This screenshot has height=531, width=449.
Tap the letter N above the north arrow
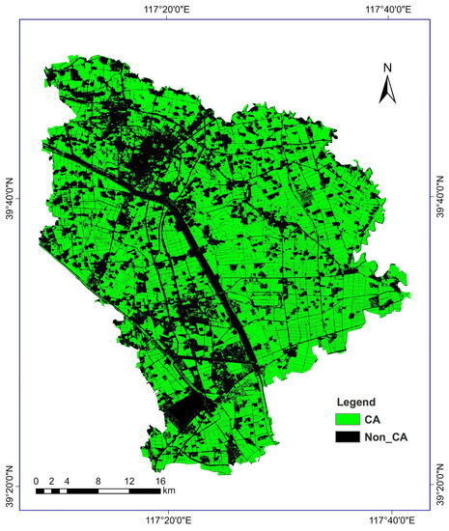point(386,68)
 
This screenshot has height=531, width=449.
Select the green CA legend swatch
point(348,419)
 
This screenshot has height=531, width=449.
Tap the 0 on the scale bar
point(36,480)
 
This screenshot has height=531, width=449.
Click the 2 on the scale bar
point(51,480)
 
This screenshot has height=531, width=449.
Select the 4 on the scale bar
point(67,480)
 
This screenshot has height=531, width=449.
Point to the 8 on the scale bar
point(98,480)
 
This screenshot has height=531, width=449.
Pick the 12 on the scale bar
point(128,480)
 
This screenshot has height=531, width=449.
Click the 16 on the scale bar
point(160,480)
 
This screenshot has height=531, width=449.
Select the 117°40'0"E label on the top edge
point(389,9)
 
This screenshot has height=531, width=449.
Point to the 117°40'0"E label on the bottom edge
point(389,522)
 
